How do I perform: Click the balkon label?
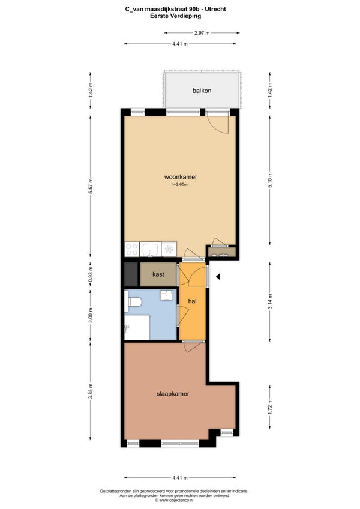click(202, 91)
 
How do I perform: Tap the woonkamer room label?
click(181, 177)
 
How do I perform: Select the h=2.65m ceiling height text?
click(180, 185)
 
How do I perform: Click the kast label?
click(158, 274)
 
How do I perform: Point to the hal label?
click(193, 301)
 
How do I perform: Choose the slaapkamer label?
click(173, 394)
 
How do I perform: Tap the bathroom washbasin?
click(167, 295)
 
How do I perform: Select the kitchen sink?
click(150, 250)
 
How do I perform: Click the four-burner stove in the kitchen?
click(132, 250)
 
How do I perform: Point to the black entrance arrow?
click(218, 277)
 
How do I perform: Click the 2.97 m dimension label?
click(202, 33)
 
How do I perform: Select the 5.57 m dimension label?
click(91, 186)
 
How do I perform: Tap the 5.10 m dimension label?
click(270, 180)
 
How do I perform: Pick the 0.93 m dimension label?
click(91, 274)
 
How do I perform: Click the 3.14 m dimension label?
click(270, 301)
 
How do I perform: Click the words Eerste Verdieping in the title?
click(175, 16)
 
